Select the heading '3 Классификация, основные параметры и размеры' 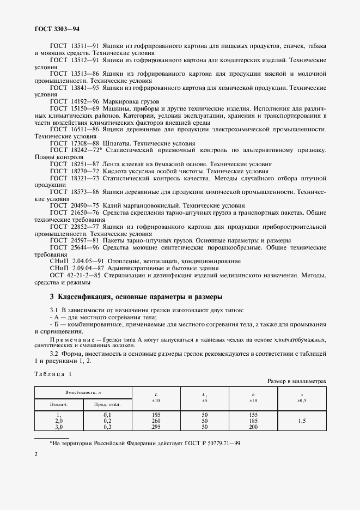(136, 297)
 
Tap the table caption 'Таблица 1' (52, 374)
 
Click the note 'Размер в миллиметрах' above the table (296, 382)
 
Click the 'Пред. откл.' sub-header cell (107, 404)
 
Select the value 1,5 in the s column (302, 421)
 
